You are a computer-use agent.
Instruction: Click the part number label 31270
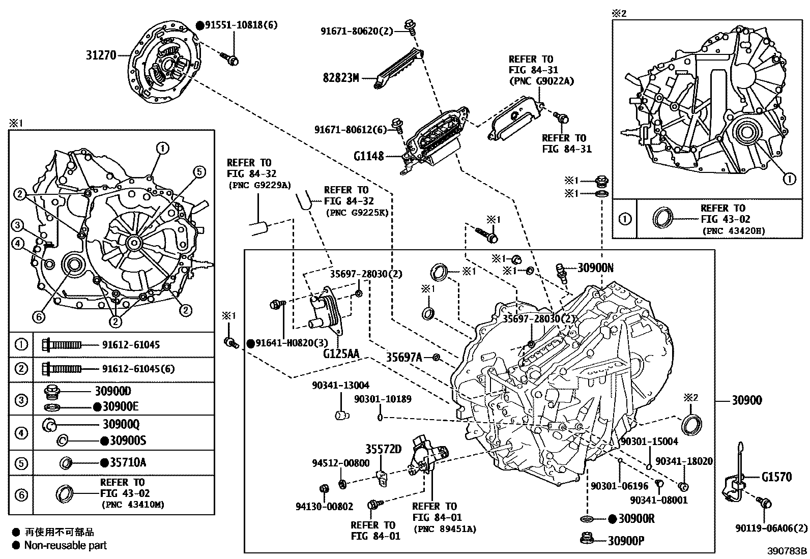click(102, 54)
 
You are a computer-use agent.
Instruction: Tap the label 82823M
click(341, 78)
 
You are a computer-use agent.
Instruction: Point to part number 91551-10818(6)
click(241, 25)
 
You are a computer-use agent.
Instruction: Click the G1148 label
click(369, 156)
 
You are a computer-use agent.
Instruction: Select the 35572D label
click(383, 449)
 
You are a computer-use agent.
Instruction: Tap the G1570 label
click(776, 477)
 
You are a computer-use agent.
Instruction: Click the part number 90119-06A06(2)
click(771, 528)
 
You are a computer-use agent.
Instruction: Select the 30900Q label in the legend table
click(121, 424)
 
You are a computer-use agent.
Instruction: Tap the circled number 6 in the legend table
click(21, 495)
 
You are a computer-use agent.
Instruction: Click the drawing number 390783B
click(787, 551)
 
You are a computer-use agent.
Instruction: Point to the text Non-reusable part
click(66, 545)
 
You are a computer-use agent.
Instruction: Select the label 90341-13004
click(340, 386)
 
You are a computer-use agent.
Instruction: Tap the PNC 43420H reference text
click(733, 230)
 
